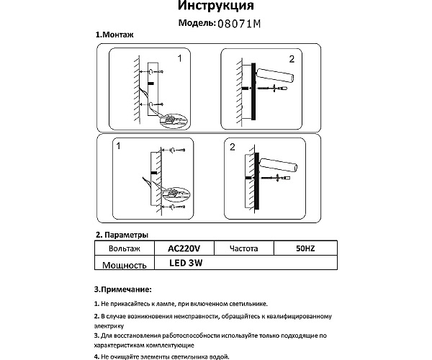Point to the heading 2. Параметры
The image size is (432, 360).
122,235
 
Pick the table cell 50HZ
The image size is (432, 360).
305,248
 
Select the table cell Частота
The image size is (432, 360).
244,248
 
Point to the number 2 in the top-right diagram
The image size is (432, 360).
292,58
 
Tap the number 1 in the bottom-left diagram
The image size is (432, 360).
121,147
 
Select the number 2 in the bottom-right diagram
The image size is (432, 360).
233,148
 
